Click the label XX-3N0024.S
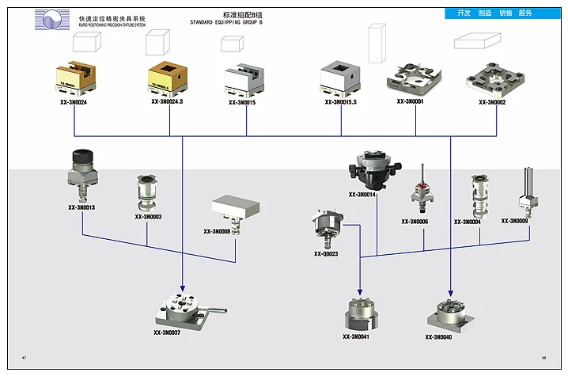167,102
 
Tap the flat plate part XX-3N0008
236,207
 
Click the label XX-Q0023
326,254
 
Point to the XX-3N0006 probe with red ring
417,192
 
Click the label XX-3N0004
468,222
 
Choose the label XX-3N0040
438,338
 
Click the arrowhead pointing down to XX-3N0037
183,287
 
